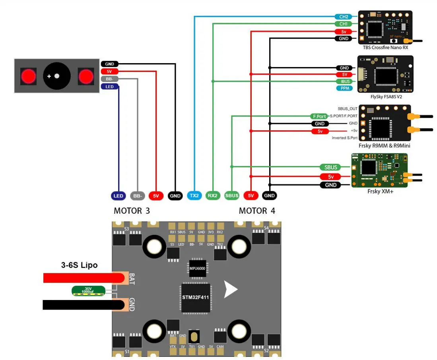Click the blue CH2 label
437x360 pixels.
point(344,17)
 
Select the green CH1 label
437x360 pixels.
point(344,24)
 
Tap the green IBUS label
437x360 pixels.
point(345,81)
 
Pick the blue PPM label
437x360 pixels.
point(345,88)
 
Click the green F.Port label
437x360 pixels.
point(319,116)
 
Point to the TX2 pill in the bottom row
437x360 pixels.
point(194,195)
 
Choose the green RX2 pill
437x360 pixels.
point(213,195)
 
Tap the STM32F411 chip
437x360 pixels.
point(195,297)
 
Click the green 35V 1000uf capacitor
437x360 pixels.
point(88,291)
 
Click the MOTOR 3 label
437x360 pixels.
point(132,211)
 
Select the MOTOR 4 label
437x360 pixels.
point(257,211)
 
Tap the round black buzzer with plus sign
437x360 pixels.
point(57,75)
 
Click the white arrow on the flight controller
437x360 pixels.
point(230,289)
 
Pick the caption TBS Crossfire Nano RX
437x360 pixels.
point(385,47)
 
